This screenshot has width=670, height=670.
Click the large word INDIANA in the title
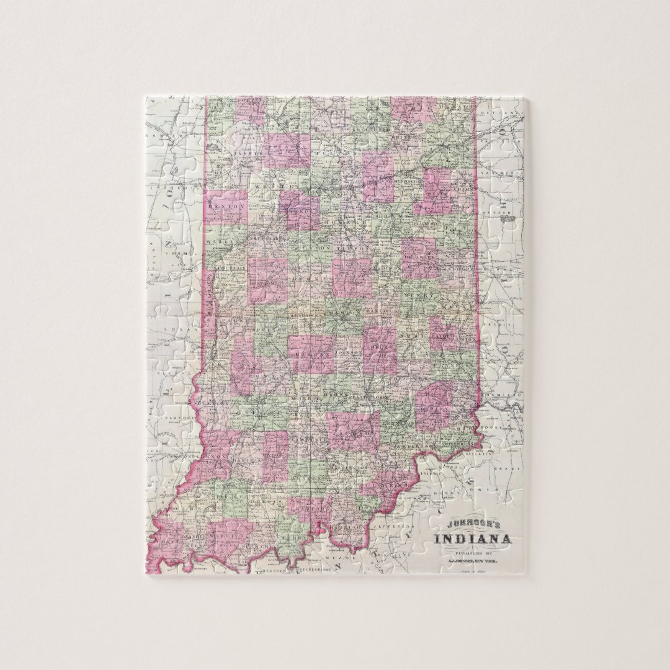(473, 538)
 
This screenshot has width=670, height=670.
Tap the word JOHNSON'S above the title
(473, 522)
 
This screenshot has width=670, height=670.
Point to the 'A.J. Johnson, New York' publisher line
(473, 560)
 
